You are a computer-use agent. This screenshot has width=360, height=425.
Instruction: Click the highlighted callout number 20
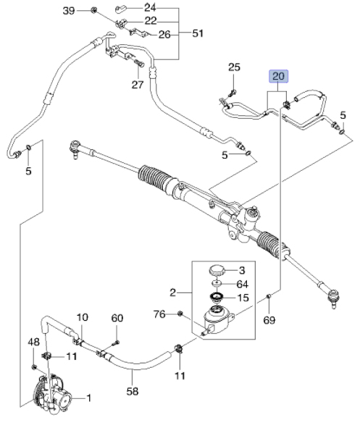(278, 76)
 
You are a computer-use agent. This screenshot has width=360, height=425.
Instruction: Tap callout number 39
(69, 11)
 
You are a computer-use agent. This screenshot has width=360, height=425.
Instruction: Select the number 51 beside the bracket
(198, 33)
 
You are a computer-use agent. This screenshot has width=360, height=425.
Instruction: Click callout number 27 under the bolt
(138, 85)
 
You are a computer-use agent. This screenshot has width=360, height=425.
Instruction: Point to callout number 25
(234, 67)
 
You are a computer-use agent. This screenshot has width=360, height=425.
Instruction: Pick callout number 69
(269, 320)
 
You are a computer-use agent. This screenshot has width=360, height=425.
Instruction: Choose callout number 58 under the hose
(133, 391)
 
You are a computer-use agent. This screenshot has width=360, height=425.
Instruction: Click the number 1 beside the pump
(88, 398)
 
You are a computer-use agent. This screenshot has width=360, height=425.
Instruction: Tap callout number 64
(243, 284)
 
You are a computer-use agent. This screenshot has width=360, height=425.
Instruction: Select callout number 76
(159, 314)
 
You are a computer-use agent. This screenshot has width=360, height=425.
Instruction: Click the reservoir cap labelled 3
(217, 271)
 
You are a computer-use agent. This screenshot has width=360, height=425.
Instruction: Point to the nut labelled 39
(93, 10)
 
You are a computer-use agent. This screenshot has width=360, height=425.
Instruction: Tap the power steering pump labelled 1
(52, 394)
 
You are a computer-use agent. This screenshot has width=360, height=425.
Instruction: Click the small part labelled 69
(269, 296)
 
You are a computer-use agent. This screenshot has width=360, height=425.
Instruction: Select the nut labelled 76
(180, 314)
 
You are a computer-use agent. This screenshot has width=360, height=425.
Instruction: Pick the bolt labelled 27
(139, 62)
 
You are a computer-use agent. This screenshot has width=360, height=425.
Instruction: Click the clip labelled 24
(120, 9)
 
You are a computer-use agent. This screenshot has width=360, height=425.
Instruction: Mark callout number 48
(33, 342)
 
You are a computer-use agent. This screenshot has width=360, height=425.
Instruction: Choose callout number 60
(117, 318)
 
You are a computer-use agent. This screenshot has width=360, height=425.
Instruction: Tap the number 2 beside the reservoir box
(172, 293)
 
